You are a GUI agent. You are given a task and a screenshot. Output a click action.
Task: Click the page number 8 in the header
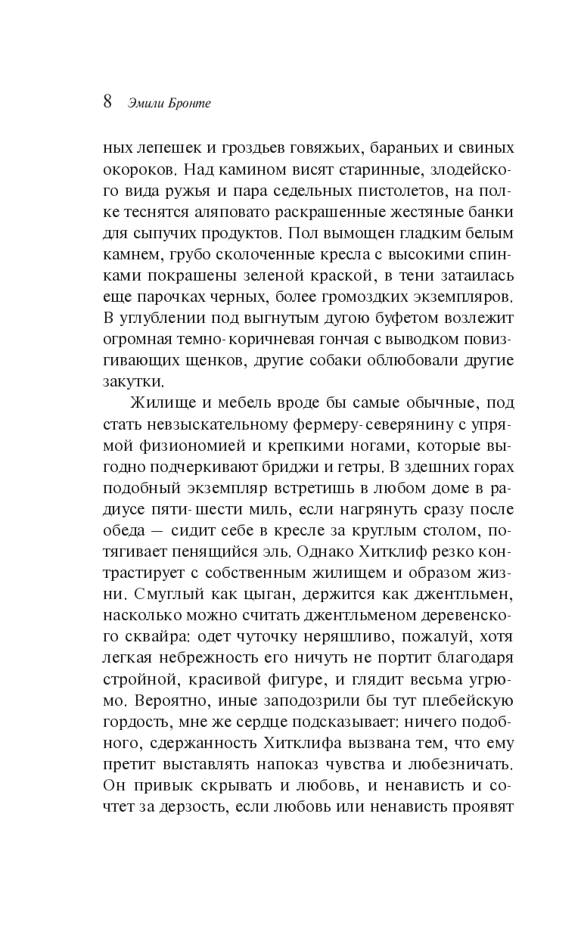pyautogui.click(x=107, y=101)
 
